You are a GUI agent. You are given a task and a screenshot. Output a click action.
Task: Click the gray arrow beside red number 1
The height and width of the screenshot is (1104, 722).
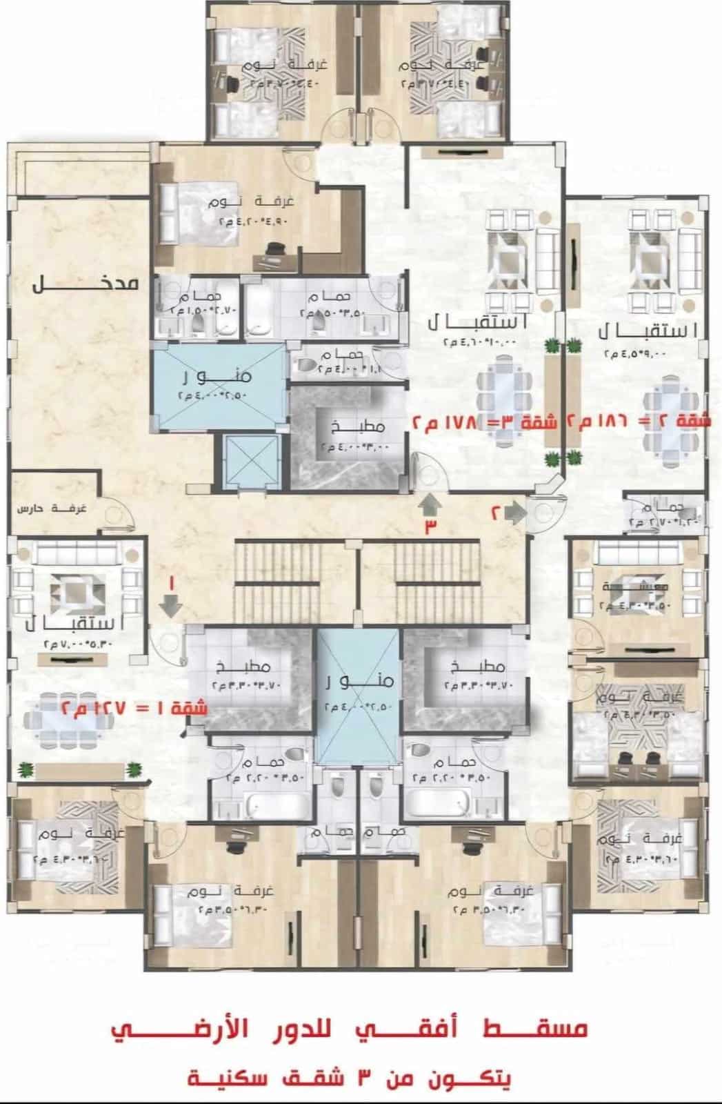point(169,605)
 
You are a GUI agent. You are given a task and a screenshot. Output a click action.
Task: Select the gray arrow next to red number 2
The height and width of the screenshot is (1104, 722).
point(514,512)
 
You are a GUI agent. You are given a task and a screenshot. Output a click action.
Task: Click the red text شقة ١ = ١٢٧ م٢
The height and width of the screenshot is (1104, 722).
point(134,708)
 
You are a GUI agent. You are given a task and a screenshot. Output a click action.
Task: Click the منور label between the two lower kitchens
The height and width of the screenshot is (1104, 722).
point(358,680)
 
